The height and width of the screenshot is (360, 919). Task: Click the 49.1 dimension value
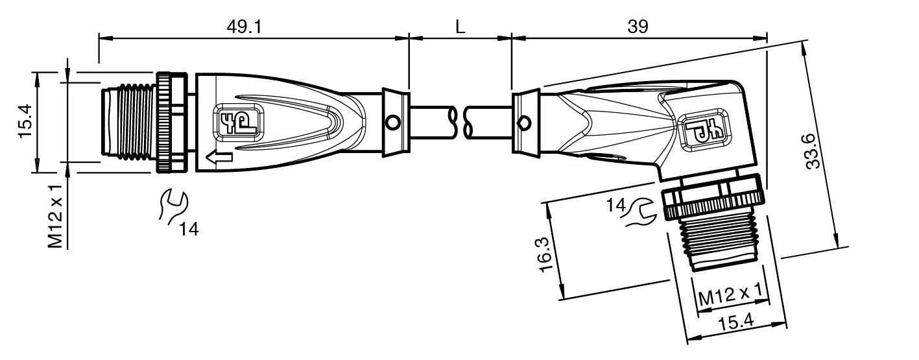[244, 27]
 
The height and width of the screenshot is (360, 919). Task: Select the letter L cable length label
[460, 27]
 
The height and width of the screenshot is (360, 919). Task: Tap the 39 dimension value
[638, 27]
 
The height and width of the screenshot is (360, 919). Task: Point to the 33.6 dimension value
[813, 151]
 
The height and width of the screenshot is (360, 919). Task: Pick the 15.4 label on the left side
[25, 121]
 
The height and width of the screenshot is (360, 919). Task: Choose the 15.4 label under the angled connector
[736, 322]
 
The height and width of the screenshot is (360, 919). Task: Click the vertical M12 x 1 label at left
[55, 217]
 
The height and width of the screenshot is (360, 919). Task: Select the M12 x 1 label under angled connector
[730, 294]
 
